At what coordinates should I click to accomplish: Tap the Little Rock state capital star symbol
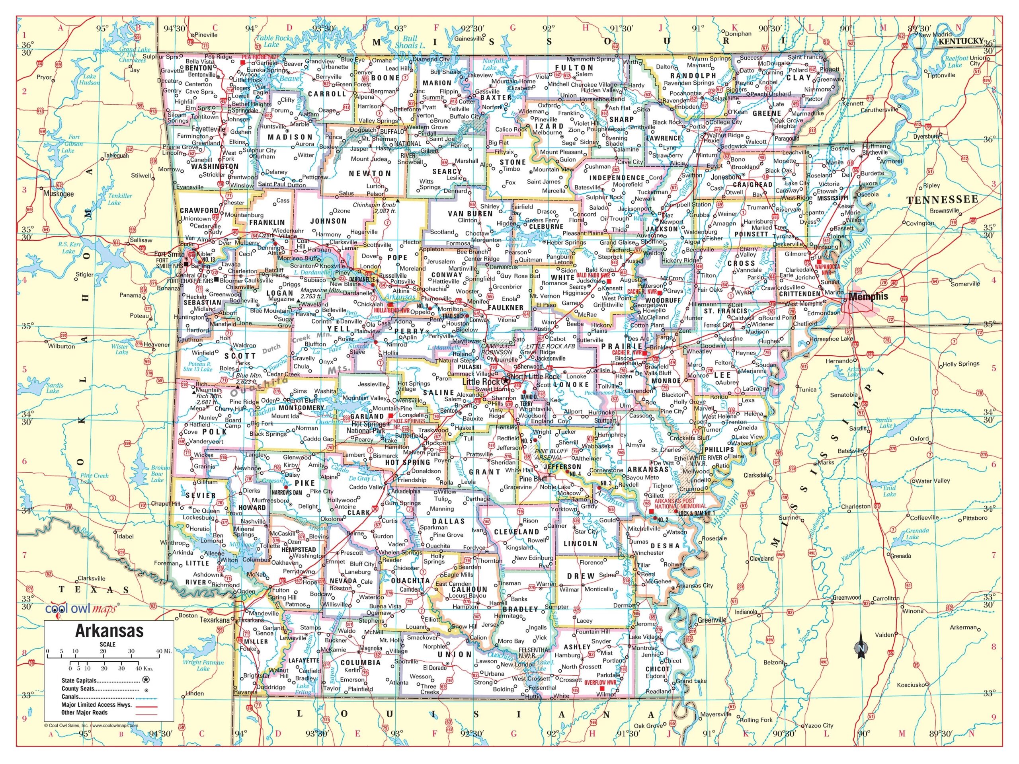pyautogui.click(x=506, y=381)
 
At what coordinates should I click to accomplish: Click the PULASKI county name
pyautogui.click(x=470, y=367)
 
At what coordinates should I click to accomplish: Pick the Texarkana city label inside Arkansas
pyautogui.click(x=263, y=620)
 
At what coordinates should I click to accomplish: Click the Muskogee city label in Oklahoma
pyautogui.click(x=59, y=194)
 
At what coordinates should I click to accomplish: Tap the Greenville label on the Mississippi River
pyautogui.click(x=711, y=620)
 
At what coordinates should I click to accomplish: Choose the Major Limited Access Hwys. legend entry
pyautogui.click(x=97, y=705)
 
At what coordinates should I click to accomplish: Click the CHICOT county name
pyautogui.click(x=658, y=668)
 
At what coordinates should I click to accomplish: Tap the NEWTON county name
pyautogui.click(x=370, y=173)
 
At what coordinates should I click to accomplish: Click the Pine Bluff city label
pyautogui.click(x=533, y=478)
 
